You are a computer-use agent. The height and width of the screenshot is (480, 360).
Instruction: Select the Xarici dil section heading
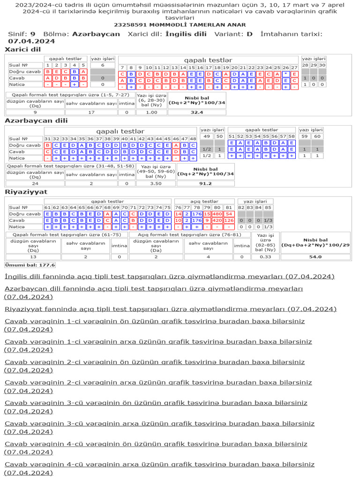pos(23,49)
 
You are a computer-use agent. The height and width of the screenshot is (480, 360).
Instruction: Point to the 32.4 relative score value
pos(196,112)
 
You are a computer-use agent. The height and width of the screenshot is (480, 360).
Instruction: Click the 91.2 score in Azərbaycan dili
pos(205,184)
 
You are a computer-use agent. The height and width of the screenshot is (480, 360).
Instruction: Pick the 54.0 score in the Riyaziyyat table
pos(315,257)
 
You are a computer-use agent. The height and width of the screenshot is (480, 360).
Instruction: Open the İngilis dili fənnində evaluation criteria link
pos(170,276)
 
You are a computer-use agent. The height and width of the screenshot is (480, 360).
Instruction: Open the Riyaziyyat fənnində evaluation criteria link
pos(171,309)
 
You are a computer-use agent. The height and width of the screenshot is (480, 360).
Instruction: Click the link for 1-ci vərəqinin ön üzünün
pos(155,321)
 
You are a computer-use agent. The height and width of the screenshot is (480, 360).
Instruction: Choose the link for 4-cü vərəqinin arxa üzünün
pos(159,464)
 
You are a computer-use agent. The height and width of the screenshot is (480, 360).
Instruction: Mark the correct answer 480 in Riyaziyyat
pos(217,214)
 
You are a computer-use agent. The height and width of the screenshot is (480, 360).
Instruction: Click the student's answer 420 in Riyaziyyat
pos(217,220)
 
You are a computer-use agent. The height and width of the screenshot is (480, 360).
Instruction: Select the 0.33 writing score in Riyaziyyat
pos(265,257)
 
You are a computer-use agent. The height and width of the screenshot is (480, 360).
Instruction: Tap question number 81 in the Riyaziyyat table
pos(229,208)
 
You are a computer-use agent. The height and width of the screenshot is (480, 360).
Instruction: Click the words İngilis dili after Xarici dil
pos(186,34)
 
